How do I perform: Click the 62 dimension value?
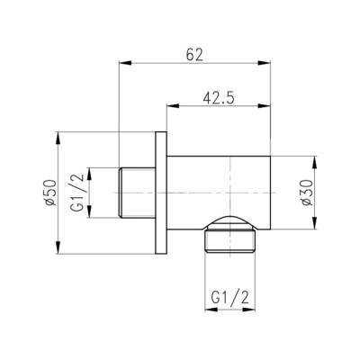194,55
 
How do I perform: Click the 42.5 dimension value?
219,98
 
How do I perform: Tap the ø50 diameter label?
51,193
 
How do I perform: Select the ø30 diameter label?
307,193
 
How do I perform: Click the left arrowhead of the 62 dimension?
125,63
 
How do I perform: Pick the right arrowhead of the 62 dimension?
265,63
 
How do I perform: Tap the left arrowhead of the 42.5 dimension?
173,105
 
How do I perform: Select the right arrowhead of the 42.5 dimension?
265,105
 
